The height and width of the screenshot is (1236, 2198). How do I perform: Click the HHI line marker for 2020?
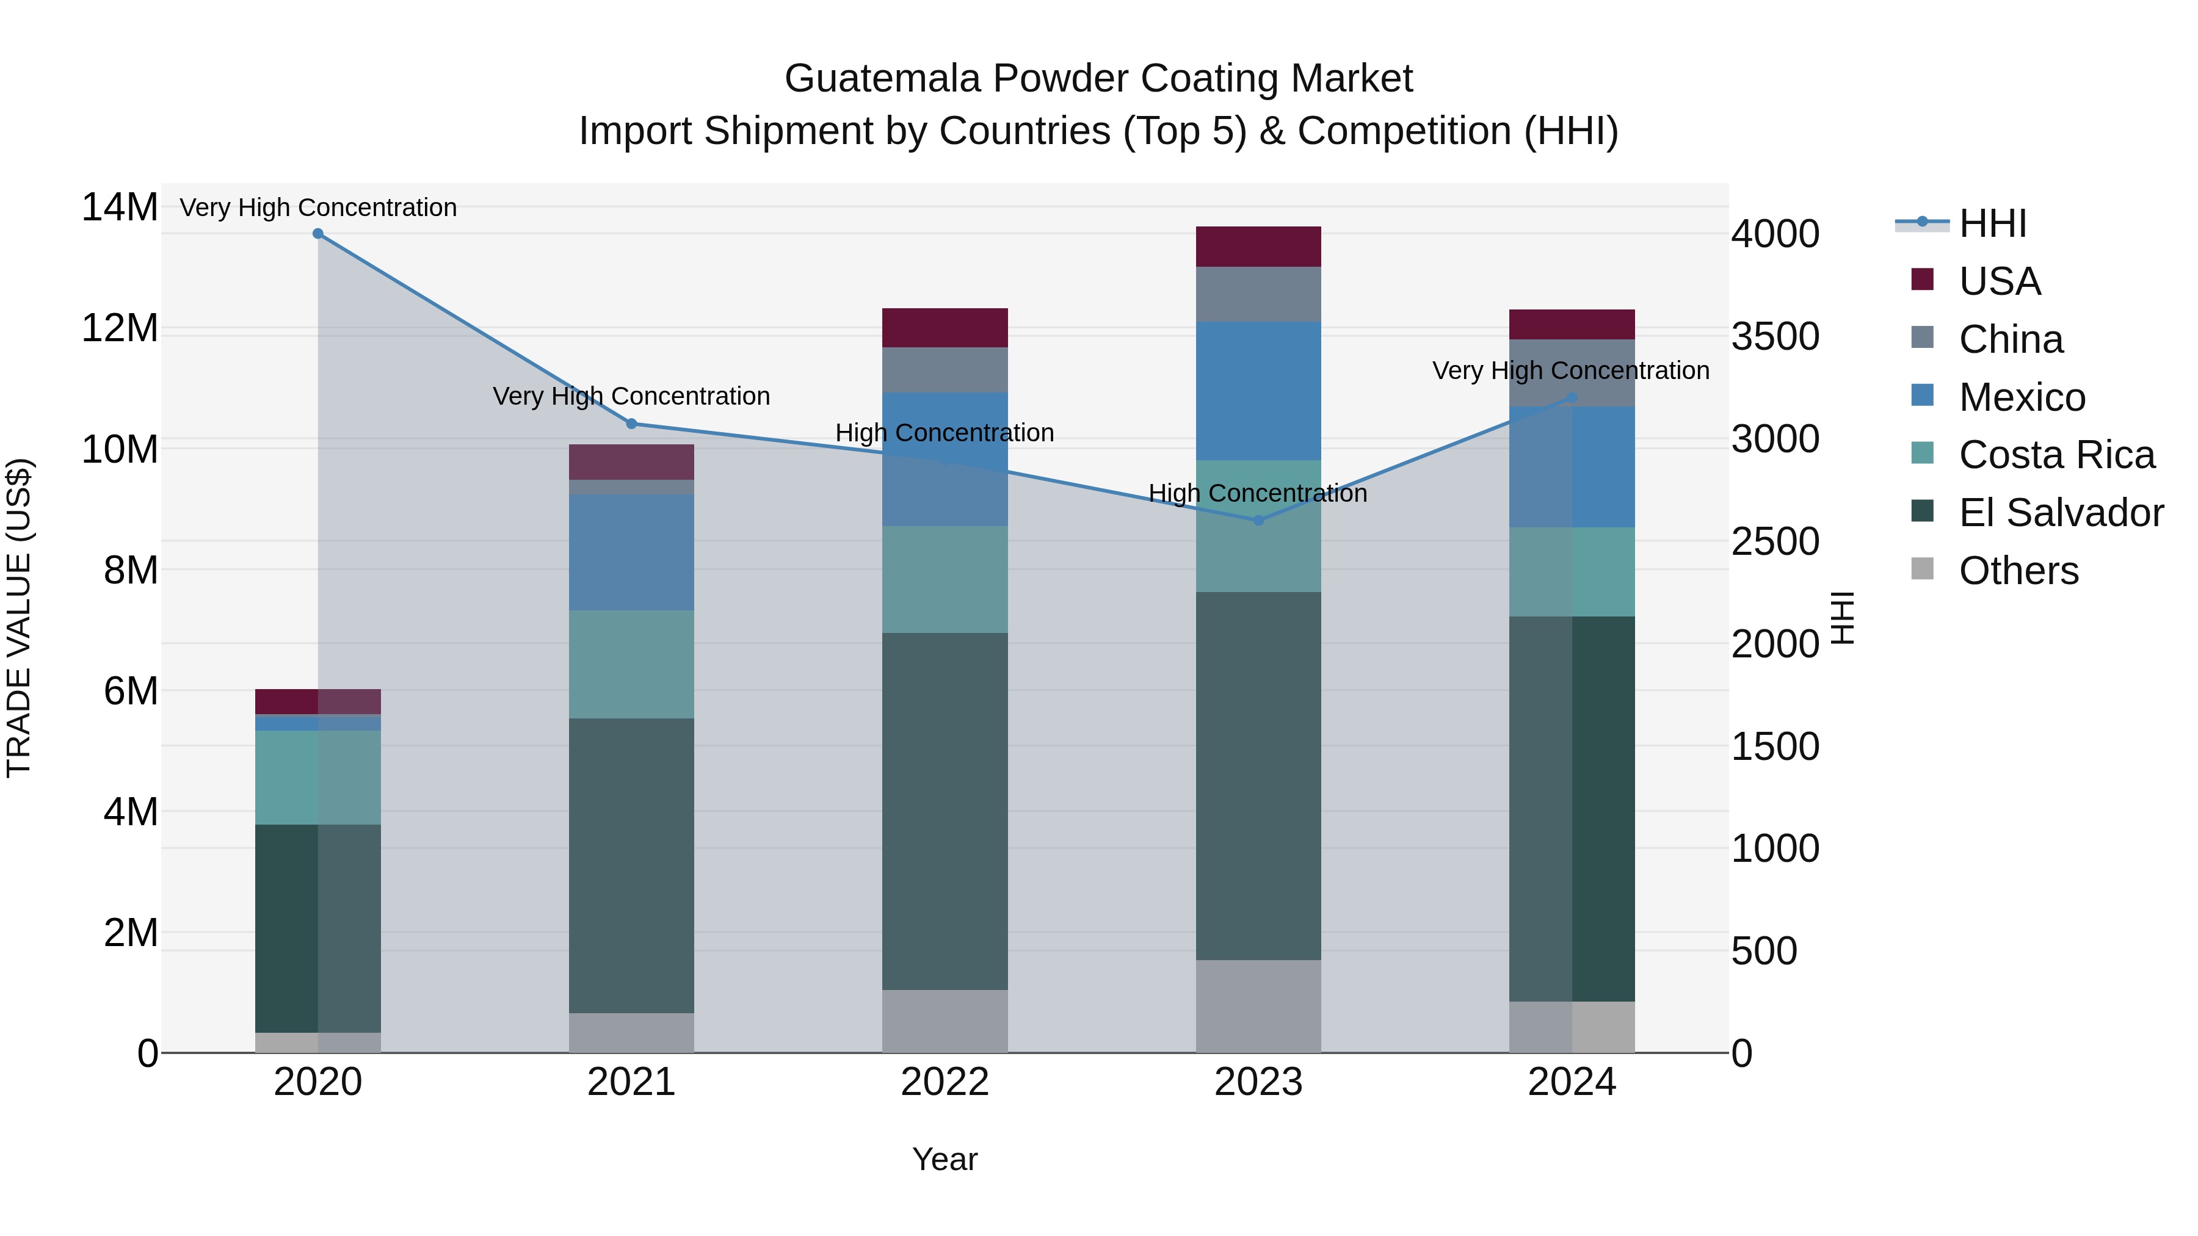point(317,233)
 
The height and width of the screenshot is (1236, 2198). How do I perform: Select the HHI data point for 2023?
point(1258,519)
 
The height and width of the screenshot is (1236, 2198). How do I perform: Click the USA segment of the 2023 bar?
point(1258,247)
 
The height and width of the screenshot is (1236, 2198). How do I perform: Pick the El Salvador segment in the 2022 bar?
point(945,811)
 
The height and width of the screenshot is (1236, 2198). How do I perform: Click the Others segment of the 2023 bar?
point(1258,1006)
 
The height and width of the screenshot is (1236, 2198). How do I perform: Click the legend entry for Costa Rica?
point(2056,455)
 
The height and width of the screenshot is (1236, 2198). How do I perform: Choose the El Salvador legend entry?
point(2060,513)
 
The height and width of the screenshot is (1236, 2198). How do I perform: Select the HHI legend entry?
point(1992,223)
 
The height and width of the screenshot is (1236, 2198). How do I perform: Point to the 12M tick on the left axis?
point(120,328)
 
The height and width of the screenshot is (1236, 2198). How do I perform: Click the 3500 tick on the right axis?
point(1775,337)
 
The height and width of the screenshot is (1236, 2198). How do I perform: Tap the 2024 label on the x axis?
point(1572,1082)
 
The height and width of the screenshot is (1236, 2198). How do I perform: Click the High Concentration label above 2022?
point(945,433)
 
